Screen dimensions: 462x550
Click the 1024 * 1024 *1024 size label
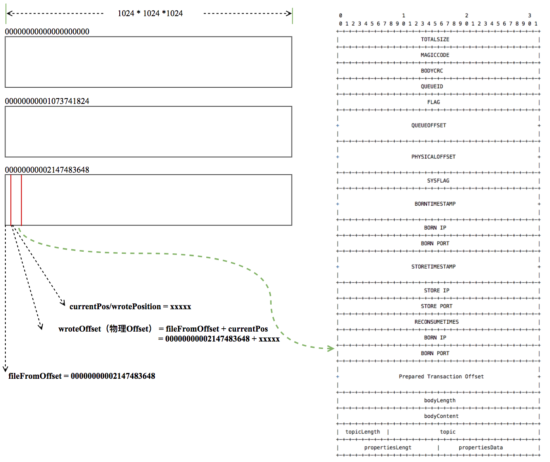click(x=150, y=13)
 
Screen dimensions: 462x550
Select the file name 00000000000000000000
click(x=47, y=31)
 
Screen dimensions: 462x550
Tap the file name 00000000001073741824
click(x=47, y=101)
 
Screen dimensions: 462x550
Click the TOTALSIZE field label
click(x=435, y=39)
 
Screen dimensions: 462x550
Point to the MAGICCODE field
click(x=435, y=55)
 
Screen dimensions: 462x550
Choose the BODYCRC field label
click(x=432, y=71)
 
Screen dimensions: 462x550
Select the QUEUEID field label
click(x=432, y=87)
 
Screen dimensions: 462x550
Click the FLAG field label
click(x=434, y=102)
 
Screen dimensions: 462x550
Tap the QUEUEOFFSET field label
click(x=429, y=125)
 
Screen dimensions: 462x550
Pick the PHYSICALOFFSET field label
click(x=433, y=157)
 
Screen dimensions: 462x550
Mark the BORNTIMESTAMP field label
click(x=435, y=204)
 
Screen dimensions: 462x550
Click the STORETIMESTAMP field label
click(x=433, y=267)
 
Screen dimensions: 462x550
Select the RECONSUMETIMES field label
click(x=437, y=322)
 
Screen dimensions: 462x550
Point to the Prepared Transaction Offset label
click(x=441, y=377)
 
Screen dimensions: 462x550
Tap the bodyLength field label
click(x=440, y=401)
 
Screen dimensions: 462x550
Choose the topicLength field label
click(x=362, y=432)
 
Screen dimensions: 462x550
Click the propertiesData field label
click(x=480, y=448)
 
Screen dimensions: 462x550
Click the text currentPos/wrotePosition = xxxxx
click(x=130, y=307)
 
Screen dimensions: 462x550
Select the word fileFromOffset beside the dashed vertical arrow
click(x=35, y=376)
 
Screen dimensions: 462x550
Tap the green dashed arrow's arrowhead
click(x=331, y=349)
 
